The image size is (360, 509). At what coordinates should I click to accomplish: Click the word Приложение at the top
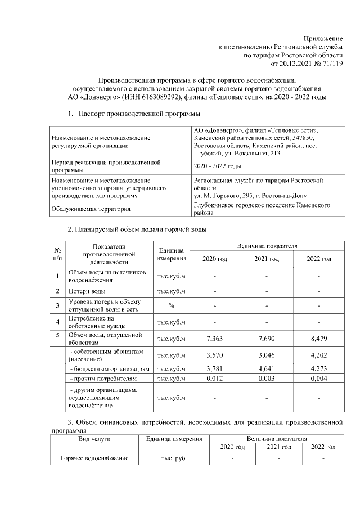tap(323, 37)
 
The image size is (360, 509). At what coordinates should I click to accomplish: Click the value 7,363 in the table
tap(216, 339)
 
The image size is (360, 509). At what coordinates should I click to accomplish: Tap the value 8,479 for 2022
tap(318, 339)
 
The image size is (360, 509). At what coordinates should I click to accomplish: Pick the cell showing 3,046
tap(267, 355)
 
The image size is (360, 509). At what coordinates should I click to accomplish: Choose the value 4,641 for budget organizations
tap(267, 369)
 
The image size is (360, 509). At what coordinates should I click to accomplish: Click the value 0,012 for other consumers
tap(216, 379)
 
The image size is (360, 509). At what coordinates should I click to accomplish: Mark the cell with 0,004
tap(318, 379)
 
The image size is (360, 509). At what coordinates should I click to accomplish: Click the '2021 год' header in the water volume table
tap(267, 259)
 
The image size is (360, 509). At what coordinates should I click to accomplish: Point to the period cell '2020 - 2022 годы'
tap(217, 166)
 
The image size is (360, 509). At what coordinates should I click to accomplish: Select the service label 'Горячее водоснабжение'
tap(94, 458)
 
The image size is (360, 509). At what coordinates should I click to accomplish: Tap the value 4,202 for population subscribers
tap(318, 355)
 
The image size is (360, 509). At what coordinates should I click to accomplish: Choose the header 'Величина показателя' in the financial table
tap(275, 438)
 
